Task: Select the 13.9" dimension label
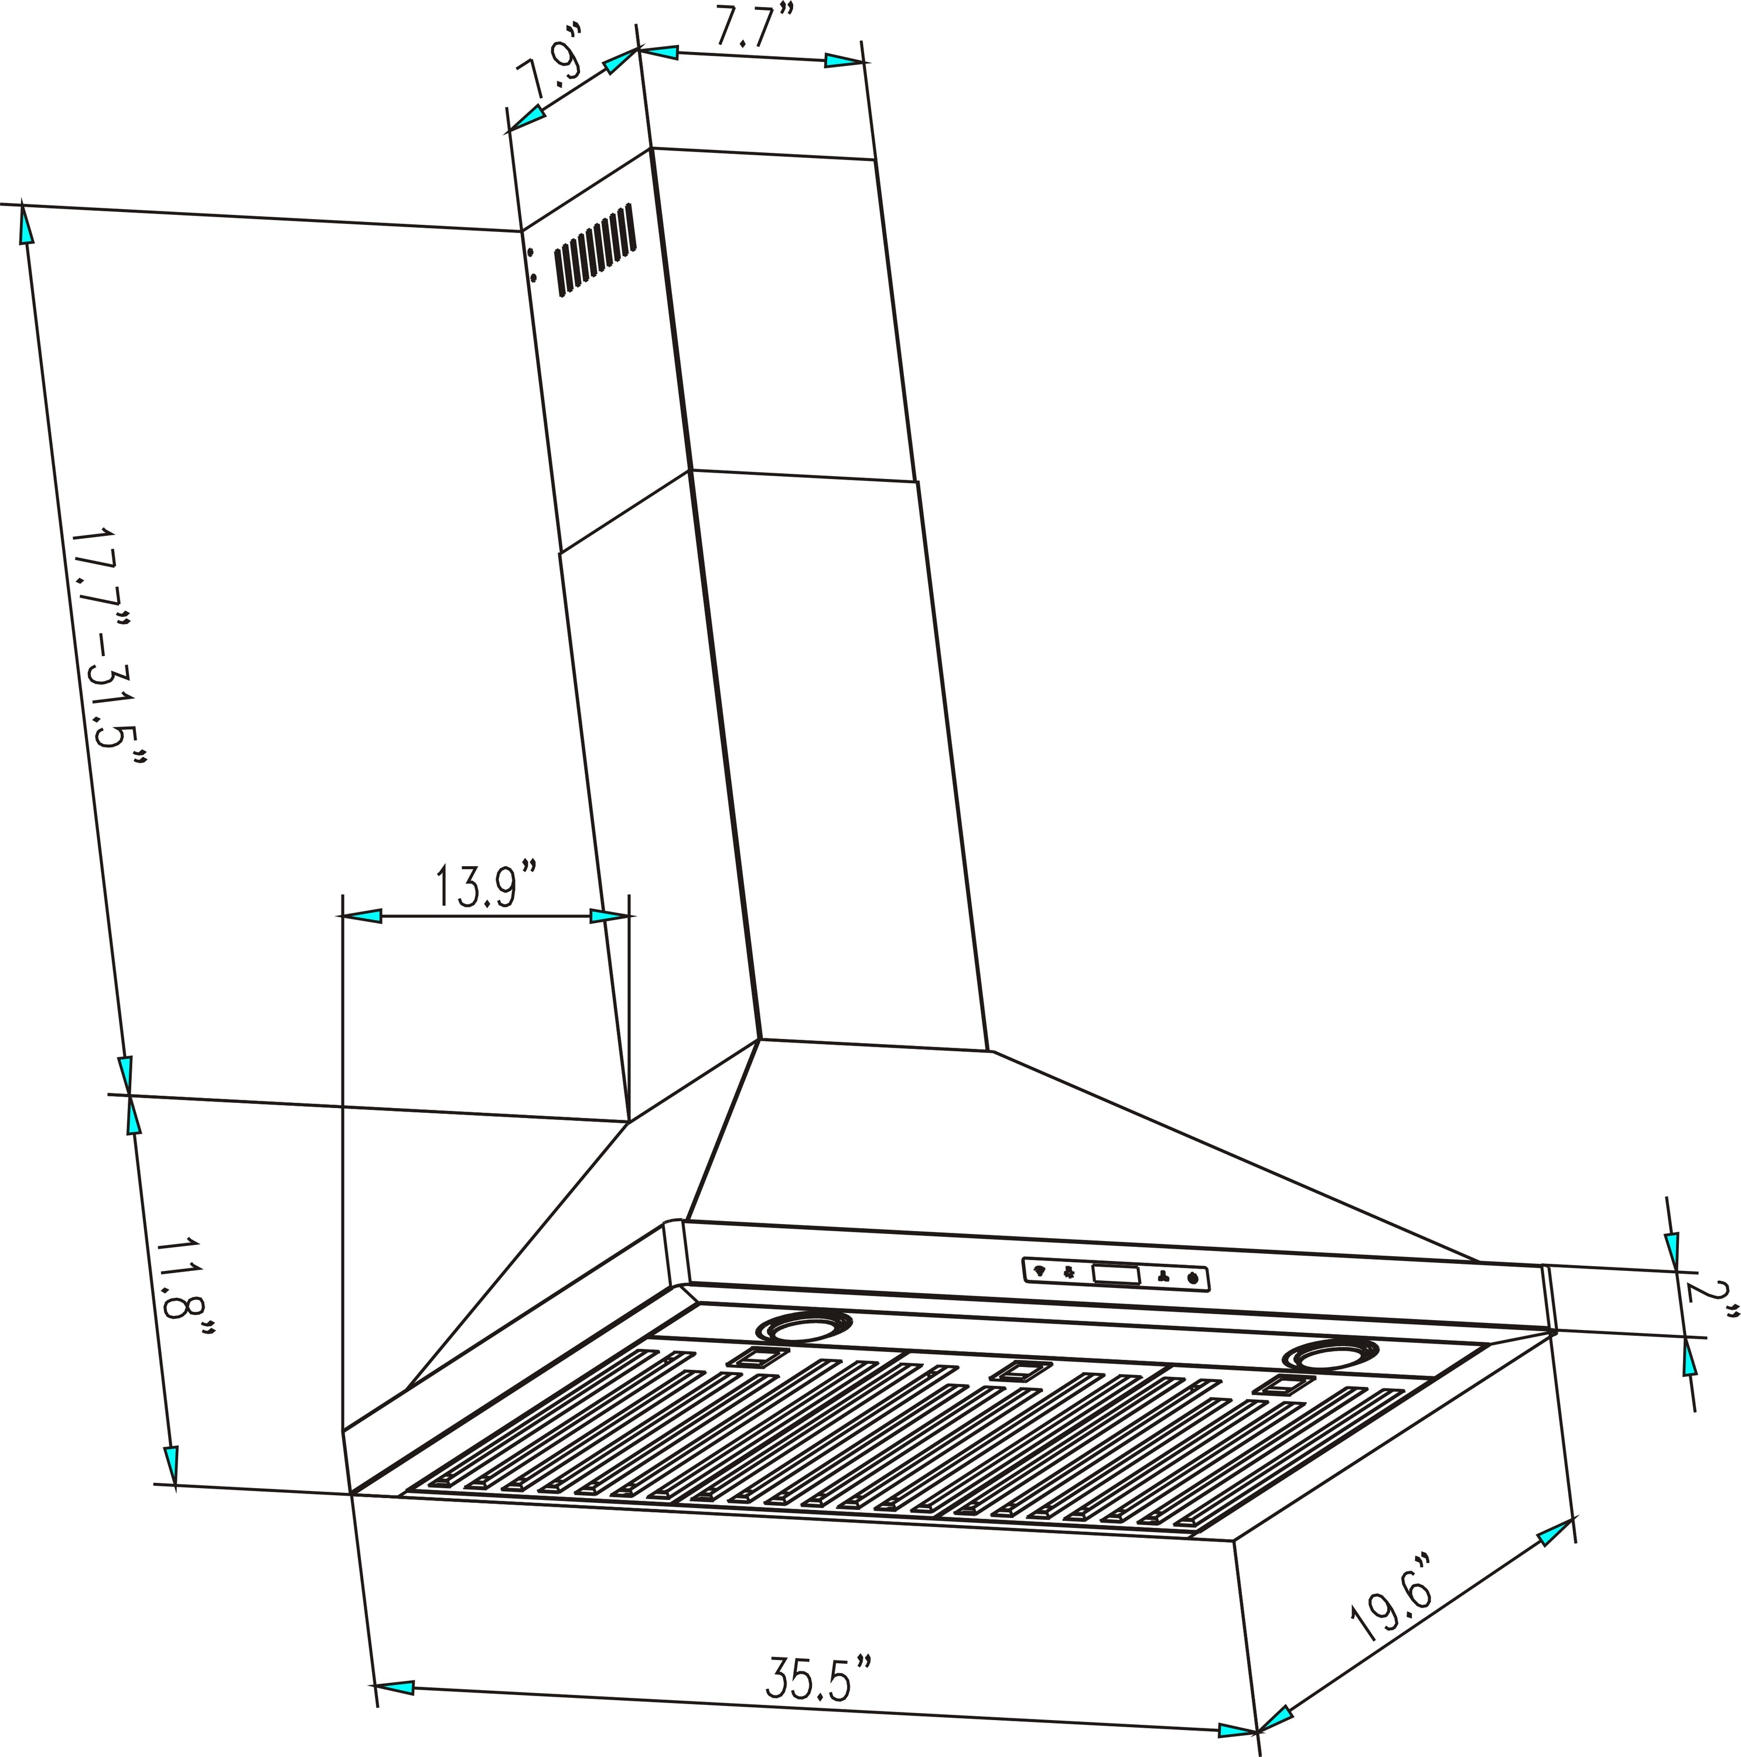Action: [486, 888]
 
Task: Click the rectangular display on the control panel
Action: [1115, 1275]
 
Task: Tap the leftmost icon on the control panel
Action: [1040, 1270]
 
